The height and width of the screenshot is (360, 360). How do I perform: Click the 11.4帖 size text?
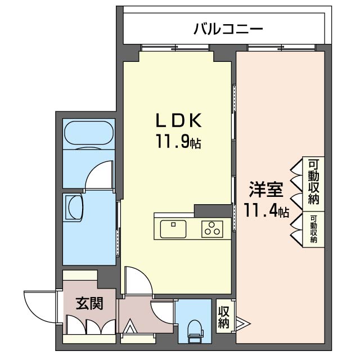pos(267,211)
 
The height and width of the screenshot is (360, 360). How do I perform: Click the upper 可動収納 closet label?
pos(314,182)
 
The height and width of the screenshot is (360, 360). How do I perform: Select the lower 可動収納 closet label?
pos(313,228)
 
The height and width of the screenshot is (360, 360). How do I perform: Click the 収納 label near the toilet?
pos(224,318)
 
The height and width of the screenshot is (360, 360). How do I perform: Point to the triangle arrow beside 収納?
pos(242,323)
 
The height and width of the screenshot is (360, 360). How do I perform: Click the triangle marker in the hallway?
pos(129,326)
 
